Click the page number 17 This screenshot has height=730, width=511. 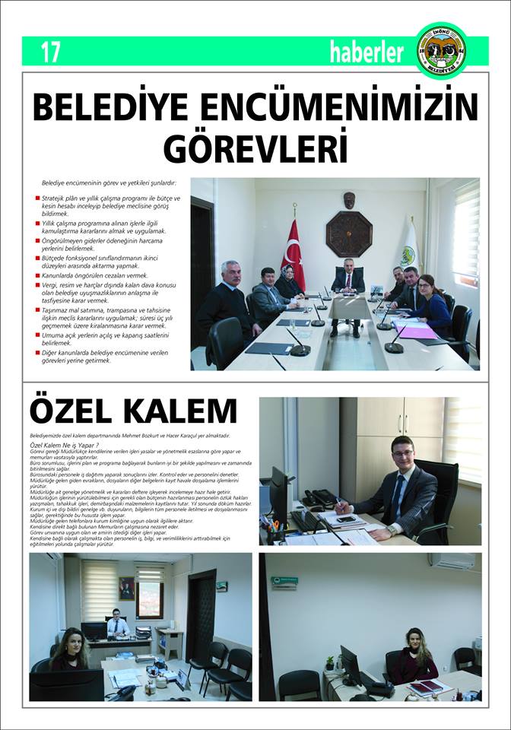[x=50, y=52]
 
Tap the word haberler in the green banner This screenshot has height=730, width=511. [x=367, y=52]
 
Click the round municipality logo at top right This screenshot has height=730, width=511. [x=442, y=50]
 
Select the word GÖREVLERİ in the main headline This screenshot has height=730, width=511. [x=255, y=147]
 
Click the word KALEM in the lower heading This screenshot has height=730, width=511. [x=178, y=411]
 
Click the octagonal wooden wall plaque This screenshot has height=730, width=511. [x=349, y=233]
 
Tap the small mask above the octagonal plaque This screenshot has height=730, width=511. [x=349, y=200]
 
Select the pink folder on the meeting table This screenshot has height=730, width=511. [x=417, y=332]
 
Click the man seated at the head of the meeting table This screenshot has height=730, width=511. [x=348, y=283]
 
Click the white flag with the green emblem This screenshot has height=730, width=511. [x=410, y=250]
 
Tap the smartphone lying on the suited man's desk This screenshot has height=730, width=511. [x=346, y=519]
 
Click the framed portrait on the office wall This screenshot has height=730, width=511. [x=126, y=587]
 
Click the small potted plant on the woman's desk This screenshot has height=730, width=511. [x=329, y=662]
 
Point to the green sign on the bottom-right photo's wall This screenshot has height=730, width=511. [x=285, y=582]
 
